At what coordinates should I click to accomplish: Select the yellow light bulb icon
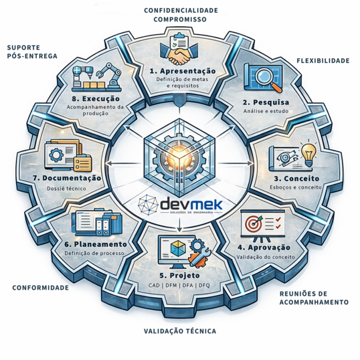308,155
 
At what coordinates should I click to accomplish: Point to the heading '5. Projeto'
180,275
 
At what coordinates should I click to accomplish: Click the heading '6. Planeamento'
96,244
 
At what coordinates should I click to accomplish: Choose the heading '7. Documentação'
67,178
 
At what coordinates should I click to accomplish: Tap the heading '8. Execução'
96,99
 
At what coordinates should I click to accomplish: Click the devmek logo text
191,204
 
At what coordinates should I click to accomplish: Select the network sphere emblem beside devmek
149,205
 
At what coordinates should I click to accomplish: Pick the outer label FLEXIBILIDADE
323,61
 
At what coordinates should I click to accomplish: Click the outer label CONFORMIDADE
40,288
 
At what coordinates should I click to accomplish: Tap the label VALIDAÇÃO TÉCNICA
180,331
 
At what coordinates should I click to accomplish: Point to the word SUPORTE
23,48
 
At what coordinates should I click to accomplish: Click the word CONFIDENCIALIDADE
181,10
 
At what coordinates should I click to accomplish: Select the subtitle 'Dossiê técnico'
67,189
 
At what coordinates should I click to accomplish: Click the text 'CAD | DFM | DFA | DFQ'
179,285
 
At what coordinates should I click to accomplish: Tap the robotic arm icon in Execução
110,74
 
